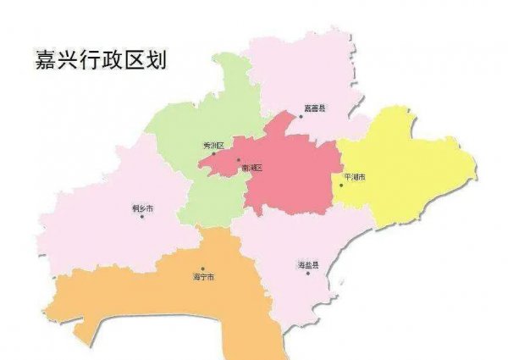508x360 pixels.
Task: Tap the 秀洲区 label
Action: (213, 146)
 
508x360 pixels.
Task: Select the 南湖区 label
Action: (251, 168)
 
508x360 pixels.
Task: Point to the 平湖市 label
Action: (354, 177)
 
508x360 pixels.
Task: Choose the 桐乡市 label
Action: (144, 208)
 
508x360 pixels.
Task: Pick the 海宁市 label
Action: (203, 276)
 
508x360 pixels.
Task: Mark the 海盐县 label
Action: (308, 265)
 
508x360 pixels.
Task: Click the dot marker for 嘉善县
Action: (299, 117)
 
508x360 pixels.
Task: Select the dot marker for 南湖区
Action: (239, 160)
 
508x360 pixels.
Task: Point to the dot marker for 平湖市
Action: (341, 185)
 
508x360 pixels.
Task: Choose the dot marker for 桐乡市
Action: (142, 217)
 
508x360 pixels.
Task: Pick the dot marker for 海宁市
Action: (202, 269)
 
